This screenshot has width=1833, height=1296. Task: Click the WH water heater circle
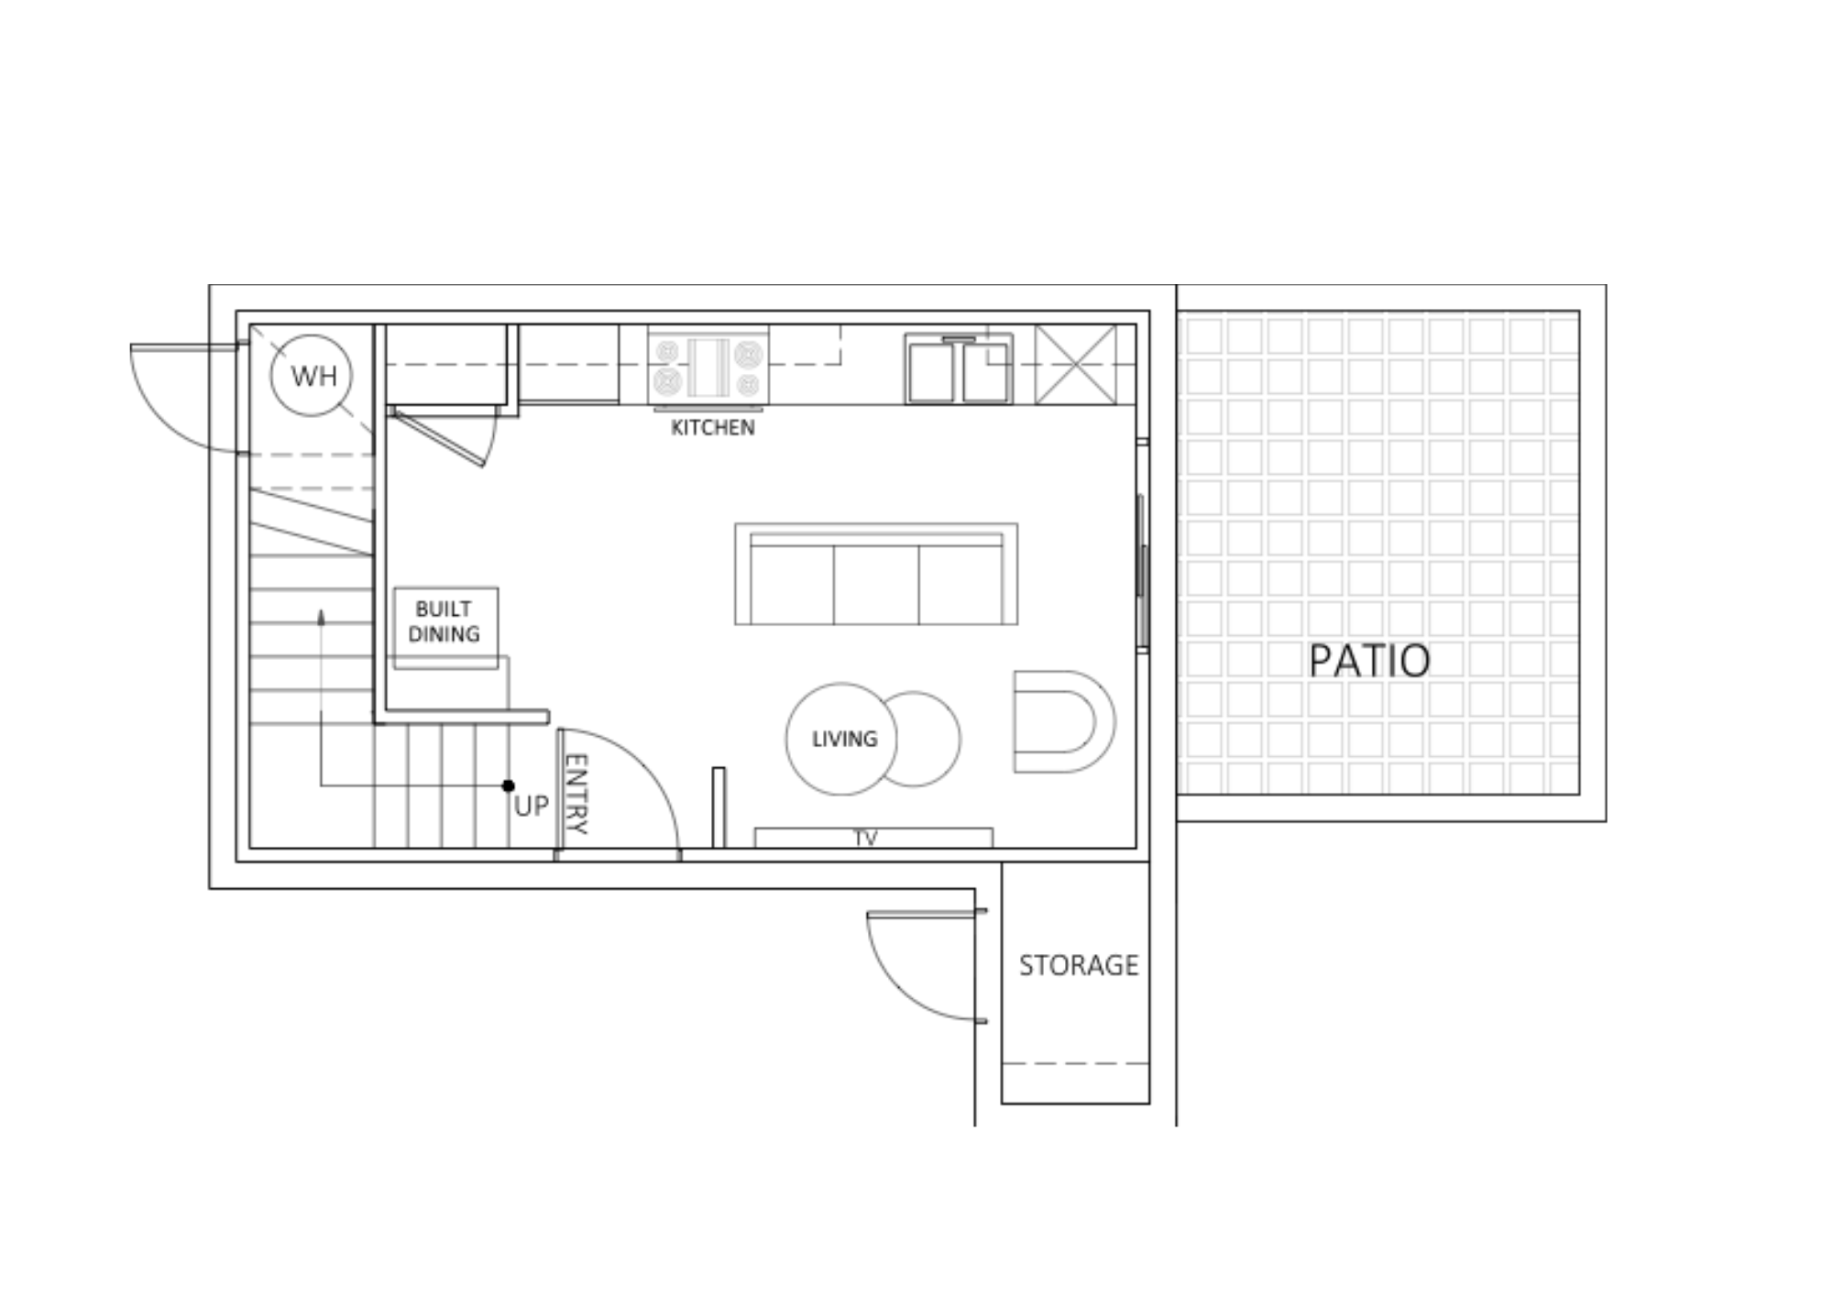tap(312, 376)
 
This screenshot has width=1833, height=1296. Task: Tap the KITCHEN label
tap(713, 428)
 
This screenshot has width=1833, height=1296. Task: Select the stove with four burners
tap(708, 367)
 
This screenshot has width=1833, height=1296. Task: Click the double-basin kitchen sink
tap(959, 368)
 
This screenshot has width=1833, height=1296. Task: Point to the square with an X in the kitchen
tap(1076, 365)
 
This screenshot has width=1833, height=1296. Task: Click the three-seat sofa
tap(876, 575)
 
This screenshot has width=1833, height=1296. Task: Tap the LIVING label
tap(844, 739)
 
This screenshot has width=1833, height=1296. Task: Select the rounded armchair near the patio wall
tap(1064, 721)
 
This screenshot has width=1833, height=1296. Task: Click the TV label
tap(866, 838)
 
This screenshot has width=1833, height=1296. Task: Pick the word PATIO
tap(1369, 661)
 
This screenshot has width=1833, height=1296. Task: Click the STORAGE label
tap(1079, 965)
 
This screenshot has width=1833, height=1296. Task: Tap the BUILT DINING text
tap(445, 621)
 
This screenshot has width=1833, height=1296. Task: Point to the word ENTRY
tap(576, 794)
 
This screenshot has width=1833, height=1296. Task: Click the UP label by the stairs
tap(532, 807)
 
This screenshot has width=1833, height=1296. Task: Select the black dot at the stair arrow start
tap(509, 785)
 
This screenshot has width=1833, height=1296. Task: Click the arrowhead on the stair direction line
tap(321, 617)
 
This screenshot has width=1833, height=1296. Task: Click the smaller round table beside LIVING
tap(926, 739)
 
